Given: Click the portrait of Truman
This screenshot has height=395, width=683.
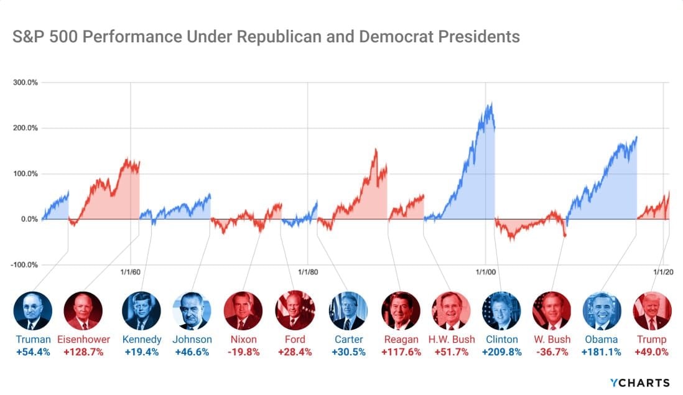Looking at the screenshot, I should [33, 310].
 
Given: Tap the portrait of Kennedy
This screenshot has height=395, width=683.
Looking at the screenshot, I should [141, 310].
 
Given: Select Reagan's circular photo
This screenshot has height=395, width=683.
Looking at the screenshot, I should [401, 310].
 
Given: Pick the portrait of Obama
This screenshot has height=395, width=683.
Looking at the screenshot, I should [602, 310].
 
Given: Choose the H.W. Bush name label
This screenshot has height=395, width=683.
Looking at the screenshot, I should [452, 340].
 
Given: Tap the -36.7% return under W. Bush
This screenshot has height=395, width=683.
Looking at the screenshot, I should [552, 352].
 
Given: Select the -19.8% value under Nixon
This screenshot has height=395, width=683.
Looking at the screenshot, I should [243, 352].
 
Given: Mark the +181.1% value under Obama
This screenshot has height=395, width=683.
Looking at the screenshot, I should [602, 352].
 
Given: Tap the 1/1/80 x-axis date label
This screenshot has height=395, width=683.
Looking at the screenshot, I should [308, 271].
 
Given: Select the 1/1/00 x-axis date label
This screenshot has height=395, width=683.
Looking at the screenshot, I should [486, 271].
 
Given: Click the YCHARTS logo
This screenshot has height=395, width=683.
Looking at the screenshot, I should [641, 383].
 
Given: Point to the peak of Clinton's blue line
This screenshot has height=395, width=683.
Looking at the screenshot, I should [491, 104].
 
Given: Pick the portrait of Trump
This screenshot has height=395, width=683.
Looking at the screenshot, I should [652, 310].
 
